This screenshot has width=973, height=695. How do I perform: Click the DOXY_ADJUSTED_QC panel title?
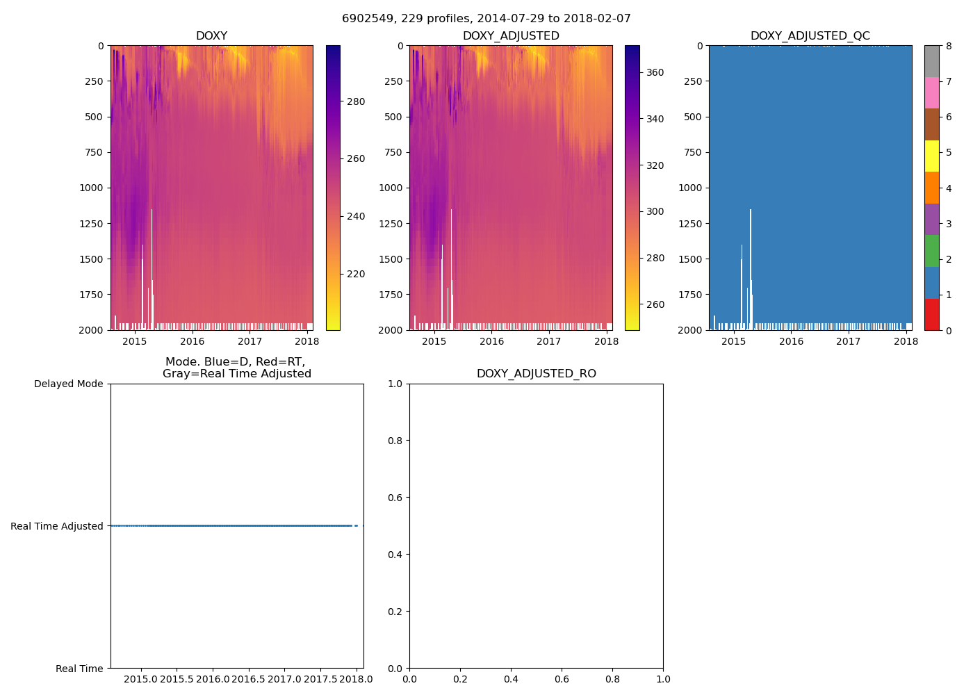tap(810, 36)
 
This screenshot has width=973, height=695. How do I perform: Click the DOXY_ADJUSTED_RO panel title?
tap(536, 374)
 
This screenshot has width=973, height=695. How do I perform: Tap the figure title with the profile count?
tap(486, 19)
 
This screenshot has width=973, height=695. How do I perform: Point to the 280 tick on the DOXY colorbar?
tap(355, 101)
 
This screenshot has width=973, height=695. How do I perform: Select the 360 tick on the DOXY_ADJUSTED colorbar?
tap(655, 72)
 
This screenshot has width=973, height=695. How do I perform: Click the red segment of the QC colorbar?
tap(931, 314)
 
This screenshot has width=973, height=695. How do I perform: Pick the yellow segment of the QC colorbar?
tap(931, 156)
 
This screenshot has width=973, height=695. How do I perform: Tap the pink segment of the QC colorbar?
tap(931, 92)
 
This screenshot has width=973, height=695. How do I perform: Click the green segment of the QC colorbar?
tap(931, 251)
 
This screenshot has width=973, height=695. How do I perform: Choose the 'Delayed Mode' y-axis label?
tap(68, 384)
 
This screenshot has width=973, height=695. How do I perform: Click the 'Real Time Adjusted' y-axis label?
tap(57, 526)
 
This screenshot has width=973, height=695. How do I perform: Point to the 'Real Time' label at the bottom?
tap(79, 669)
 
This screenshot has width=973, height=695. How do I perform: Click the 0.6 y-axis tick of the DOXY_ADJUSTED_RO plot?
tap(395, 498)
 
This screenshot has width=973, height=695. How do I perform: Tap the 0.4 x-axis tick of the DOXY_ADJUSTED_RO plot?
tap(511, 679)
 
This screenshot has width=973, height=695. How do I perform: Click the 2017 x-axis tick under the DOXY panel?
tap(250, 341)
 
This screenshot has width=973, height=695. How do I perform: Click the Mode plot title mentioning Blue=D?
tap(236, 368)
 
